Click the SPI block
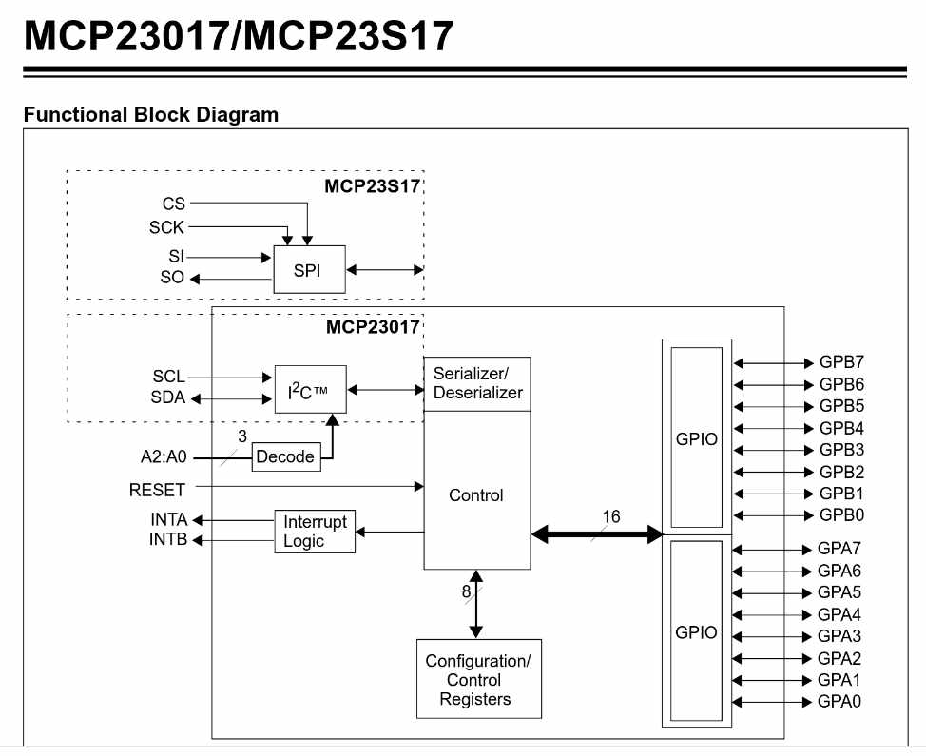click(309, 269)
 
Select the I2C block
click(310, 389)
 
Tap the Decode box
click(285, 456)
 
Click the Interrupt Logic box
click(316, 532)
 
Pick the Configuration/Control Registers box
click(478, 679)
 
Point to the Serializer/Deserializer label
click(477, 382)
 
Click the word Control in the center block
click(476, 494)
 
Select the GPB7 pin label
click(841, 362)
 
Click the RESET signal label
click(158, 489)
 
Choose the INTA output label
click(168, 520)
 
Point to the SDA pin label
click(168, 397)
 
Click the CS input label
click(174, 204)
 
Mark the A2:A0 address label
click(158, 457)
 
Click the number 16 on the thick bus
click(610, 516)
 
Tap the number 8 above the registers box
click(467, 591)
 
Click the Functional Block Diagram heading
click(151, 115)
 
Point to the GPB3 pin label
click(841, 450)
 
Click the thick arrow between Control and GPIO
click(596, 534)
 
